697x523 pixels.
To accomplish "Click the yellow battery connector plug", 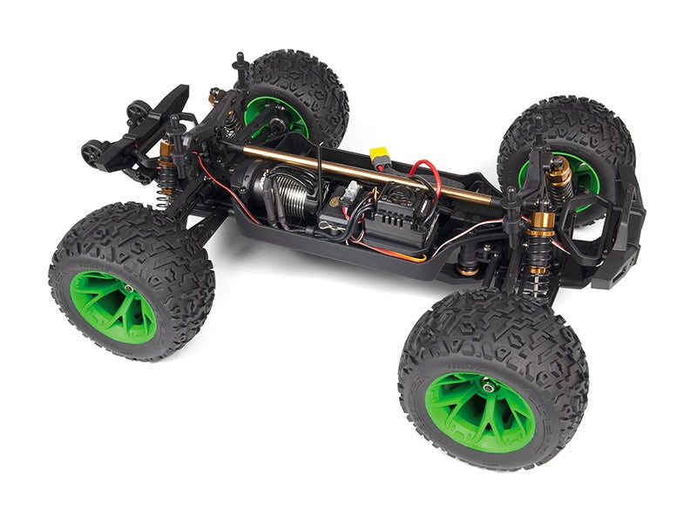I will click(380, 157).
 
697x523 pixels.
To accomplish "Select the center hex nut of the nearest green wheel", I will click(490, 385).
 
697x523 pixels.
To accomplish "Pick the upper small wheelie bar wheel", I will click(137, 111).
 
